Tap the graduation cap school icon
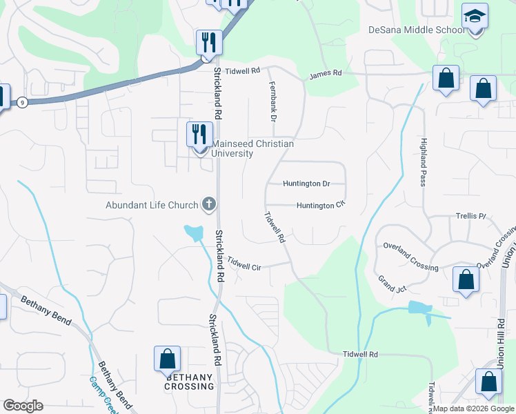click(x=475, y=16)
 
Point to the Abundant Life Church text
click(x=152, y=205)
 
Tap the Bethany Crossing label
click(x=189, y=382)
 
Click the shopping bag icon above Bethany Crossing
click(x=167, y=359)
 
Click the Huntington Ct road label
click(x=320, y=206)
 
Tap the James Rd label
click(x=326, y=73)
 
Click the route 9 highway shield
click(x=23, y=103)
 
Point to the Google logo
click(x=23, y=406)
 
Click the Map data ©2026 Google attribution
click(x=473, y=408)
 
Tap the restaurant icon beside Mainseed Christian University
click(x=199, y=134)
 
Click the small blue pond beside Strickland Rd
click(x=194, y=233)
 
